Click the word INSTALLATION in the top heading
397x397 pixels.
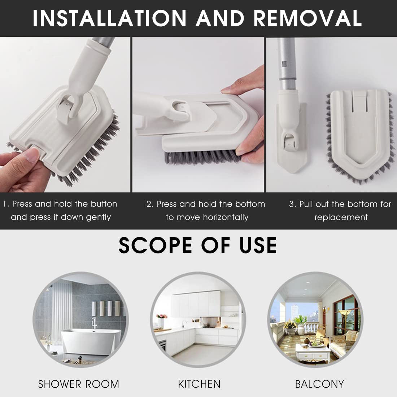[110, 18]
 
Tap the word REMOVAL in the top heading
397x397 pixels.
[307, 18]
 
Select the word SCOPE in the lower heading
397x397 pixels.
[155, 245]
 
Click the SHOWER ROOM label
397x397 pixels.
[78, 384]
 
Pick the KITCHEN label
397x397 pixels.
[199, 384]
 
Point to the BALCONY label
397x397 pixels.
[319, 384]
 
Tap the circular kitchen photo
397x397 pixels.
[198, 319]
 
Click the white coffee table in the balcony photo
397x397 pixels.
[313, 353]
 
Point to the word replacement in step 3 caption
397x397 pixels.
[341, 217]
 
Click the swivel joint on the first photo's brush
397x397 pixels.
[66, 108]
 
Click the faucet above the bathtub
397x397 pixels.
[95, 323]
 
